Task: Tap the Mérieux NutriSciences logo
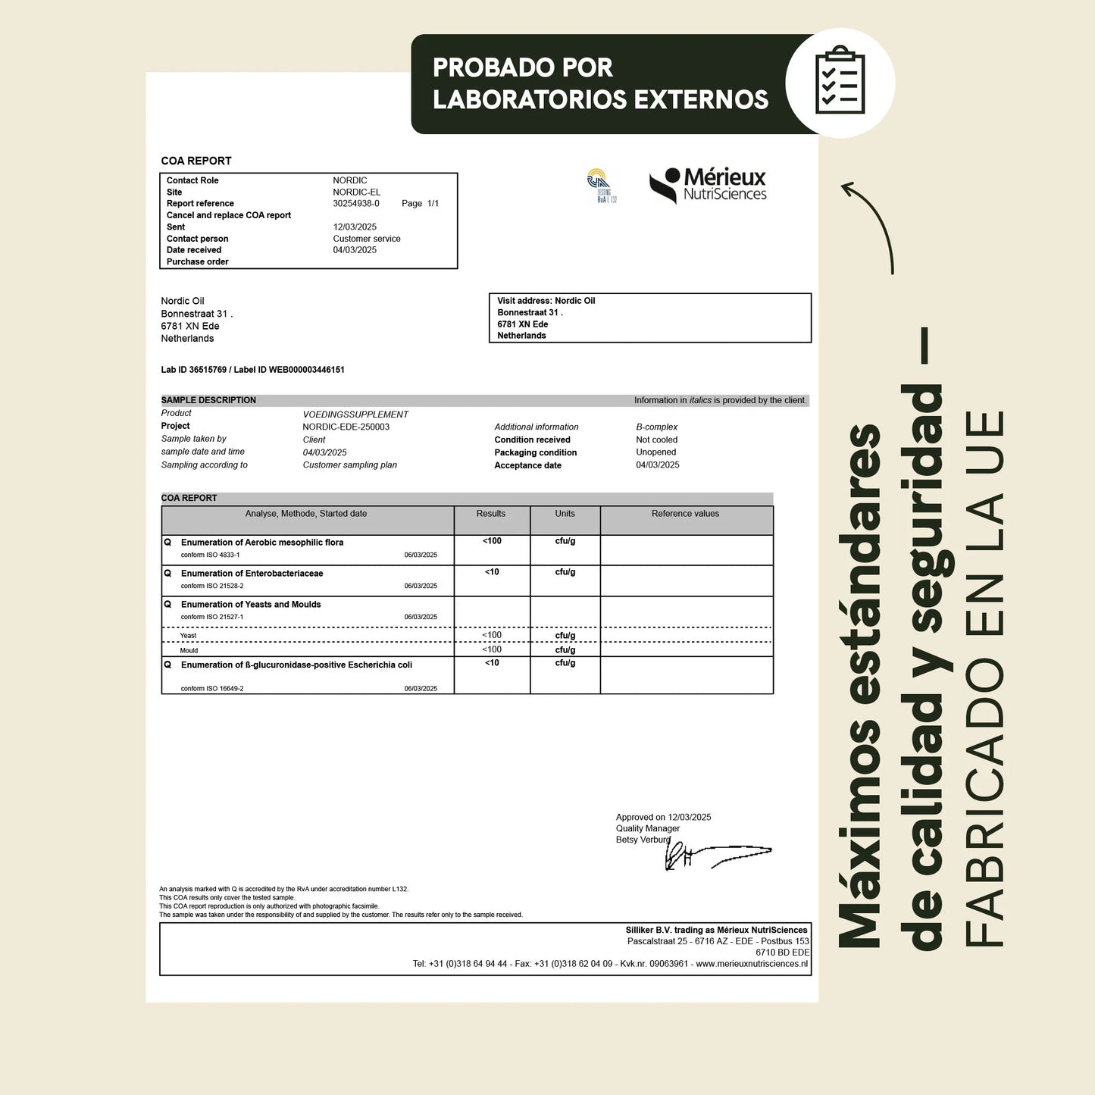pos(708,186)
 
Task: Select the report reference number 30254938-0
pos(356,204)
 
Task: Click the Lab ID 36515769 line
pos(252,370)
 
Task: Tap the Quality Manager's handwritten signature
pos(716,855)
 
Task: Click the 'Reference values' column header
pos(685,514)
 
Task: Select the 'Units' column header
pos(565,514)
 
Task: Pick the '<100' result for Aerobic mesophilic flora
pos(492,541)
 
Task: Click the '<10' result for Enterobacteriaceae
pos(492,572)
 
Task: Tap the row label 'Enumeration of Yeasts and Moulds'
pos(251,605)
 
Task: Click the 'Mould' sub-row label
pos(189,650)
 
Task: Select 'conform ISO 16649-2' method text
pos(212,689)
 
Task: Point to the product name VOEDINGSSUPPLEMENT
pos(355,415)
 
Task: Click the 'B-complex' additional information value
pos(656,427)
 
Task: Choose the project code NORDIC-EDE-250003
pos(346,427)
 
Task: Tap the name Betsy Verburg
pos(643,840)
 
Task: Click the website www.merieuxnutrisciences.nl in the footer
pos(751,964)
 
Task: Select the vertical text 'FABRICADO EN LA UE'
pos(984,678)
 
